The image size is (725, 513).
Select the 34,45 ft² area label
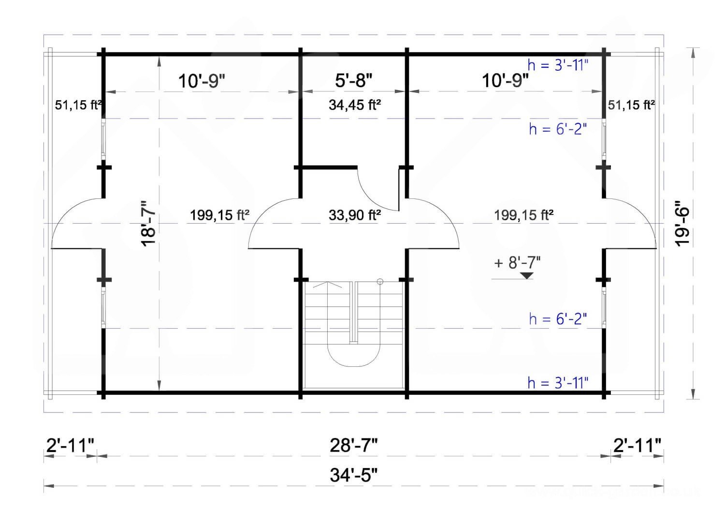pos(355,105)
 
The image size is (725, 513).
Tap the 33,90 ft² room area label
pos(355,215)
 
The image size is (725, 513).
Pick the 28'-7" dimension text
pos(353,446)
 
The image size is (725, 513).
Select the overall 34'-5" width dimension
pos(353,476)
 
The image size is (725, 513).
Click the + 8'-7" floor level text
pos(517,262)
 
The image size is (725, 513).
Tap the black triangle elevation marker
pos(527,276)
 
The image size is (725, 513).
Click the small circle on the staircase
pos(380,282)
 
